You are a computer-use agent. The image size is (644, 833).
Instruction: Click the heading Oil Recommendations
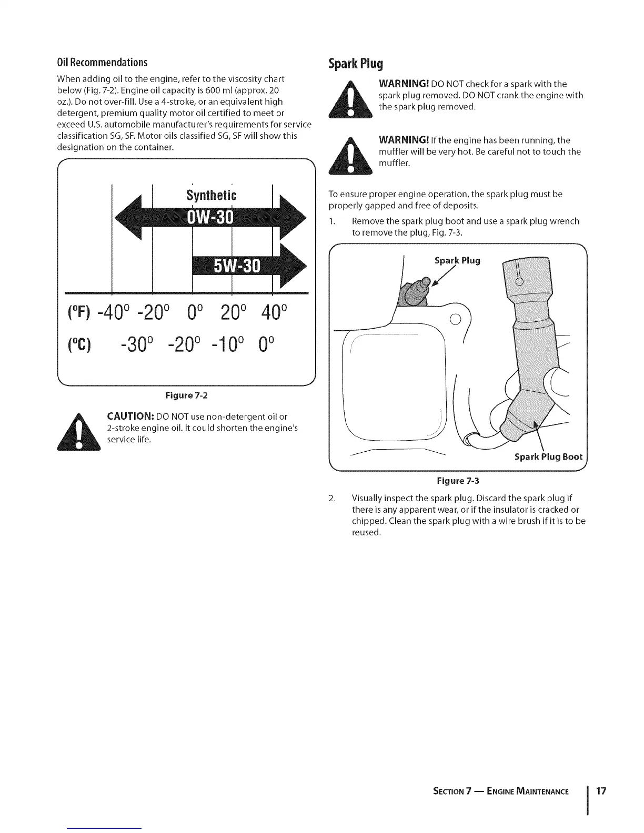click(102, 63)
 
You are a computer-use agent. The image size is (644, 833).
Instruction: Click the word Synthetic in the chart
click(211, 196)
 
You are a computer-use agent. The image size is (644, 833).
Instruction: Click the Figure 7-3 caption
click(458, 481)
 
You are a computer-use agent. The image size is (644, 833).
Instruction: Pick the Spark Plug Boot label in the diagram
click(548, 456)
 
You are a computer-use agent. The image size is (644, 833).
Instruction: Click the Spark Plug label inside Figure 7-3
click(457, 261)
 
